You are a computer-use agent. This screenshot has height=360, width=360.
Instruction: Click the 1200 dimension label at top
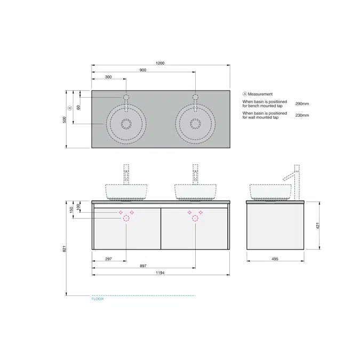[x=160, y=63]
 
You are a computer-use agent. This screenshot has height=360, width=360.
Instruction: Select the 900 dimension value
[x=143, y=70]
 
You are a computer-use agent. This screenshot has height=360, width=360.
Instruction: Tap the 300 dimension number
[x=108, y=77]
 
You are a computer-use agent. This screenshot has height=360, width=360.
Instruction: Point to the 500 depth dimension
[x=65, y=119]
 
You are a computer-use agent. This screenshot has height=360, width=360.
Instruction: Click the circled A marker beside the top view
[x=70, y=108]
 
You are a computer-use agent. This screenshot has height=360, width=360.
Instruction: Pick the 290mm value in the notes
[x=302, y=104]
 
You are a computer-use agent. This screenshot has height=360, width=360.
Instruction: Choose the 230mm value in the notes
[x=302, y=115]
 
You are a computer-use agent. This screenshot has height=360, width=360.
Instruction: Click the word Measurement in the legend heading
[x=260, y=94]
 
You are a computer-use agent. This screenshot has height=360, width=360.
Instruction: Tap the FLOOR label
[x=98, y=299]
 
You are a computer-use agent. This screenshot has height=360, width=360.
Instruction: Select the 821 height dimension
[x=65, y=249]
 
